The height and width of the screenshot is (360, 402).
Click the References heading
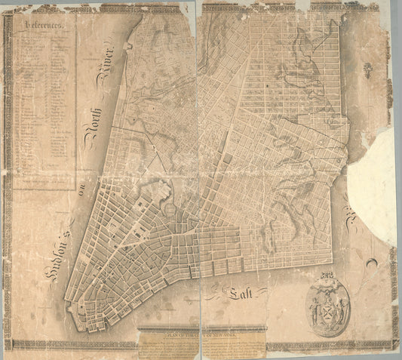pyautogui.click(x=48, y=25)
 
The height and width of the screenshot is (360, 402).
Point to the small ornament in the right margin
pyautogui.click(x=367, y=72)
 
